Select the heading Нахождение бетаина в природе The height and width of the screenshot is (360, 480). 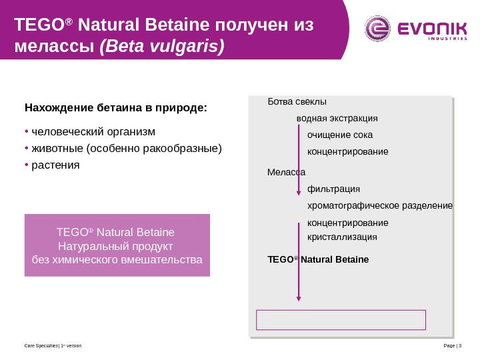coord(115,107)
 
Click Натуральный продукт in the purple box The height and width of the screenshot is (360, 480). coord(116,245)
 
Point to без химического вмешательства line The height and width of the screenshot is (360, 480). coord(117,259)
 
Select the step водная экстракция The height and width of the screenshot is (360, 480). coord(337,119)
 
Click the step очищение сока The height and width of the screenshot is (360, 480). coord(339,135)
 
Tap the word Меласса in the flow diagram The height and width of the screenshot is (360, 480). coord(286,172)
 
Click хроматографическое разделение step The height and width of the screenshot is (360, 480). coord(379,205)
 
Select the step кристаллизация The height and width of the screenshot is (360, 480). coord(341,237)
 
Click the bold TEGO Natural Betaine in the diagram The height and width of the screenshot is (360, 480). coord(317,259)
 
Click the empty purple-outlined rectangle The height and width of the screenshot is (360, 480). coord(341,319)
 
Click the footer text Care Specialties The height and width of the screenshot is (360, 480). coord(40,346)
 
